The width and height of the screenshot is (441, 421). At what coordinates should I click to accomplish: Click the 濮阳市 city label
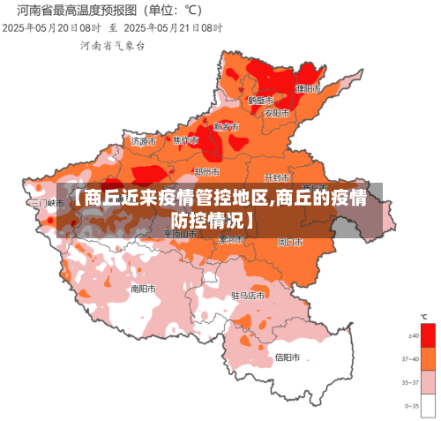tap(308, 89)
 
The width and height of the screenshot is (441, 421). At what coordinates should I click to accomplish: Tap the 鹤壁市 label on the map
tap(260, 101)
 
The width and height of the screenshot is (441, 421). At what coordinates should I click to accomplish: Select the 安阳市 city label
tap(276, 113)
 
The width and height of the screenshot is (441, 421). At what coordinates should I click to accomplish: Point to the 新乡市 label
tap(226, 127)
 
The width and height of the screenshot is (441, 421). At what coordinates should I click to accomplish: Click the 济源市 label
tap(143, 140)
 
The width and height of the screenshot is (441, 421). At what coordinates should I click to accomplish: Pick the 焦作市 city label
tap(185, 140)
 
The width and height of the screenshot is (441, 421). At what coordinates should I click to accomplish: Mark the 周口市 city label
tap(290, 241)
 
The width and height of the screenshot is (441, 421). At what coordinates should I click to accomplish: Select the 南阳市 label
tap(143, 288)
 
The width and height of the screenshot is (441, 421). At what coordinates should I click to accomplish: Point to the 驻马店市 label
tap(248, 296)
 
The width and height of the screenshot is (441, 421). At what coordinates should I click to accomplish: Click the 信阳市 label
tap(288, 357)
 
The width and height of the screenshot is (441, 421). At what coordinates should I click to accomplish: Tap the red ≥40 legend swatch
tap(429, 335)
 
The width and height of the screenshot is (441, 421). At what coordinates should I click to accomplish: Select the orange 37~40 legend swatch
tap(429, 358)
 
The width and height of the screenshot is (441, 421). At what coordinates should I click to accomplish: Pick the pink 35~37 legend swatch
tap(429, 382)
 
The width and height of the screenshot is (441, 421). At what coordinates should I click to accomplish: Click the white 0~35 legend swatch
tap(429, 405)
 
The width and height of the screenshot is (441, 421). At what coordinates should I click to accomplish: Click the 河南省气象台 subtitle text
tap(113, 44)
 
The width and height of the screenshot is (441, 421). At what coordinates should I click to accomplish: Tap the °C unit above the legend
tap(423, 316)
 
